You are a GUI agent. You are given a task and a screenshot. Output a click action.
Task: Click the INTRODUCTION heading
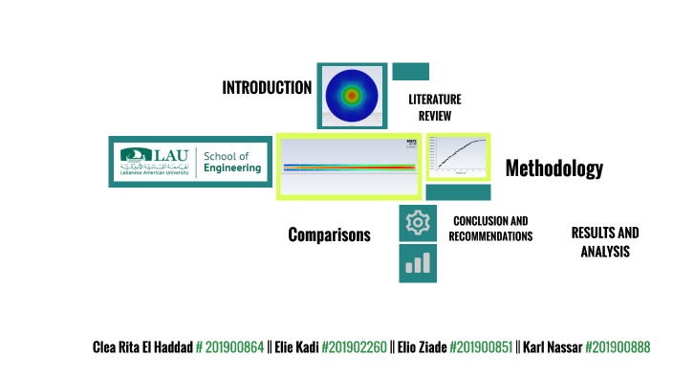pos(267,88)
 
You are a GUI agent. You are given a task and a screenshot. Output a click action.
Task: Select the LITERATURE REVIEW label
pos(434,107)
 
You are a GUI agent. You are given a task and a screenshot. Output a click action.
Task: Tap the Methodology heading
pos(554,169)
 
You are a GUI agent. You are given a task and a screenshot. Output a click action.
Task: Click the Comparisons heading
pos(329,234)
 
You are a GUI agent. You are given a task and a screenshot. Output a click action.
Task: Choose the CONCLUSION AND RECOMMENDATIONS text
pos(490,229)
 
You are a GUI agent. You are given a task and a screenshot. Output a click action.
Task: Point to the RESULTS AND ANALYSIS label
pos(604,242)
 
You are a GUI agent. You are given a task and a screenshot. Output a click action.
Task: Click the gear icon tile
pos(418,223)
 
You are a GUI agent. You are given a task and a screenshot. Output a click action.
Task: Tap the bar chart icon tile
pos(418,263)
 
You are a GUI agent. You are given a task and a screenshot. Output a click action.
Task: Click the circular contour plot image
pos(352,96)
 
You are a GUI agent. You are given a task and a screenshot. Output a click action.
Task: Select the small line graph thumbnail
pos(458,157)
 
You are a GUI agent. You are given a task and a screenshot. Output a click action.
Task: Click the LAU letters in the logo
pos(171,155)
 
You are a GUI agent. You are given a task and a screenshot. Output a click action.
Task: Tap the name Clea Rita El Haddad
pos(142,346)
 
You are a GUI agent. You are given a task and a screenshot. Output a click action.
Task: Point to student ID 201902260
pos(356,346)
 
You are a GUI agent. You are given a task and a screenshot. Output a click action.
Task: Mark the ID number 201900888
pos(618,346)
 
